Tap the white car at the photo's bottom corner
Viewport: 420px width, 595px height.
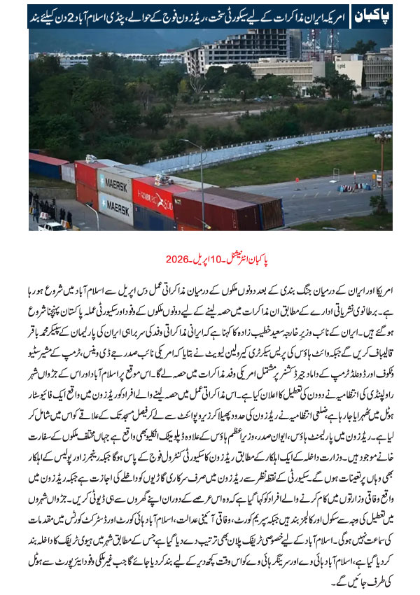(x=52, y=225)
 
